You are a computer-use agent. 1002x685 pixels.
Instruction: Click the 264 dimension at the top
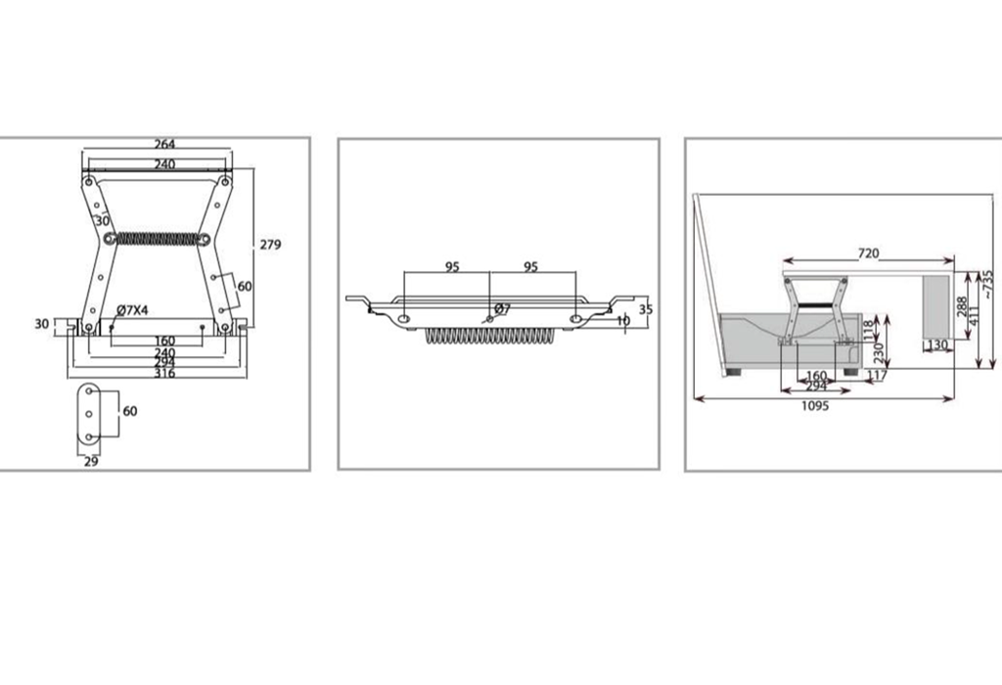pyautogui.click(x=164, y=144)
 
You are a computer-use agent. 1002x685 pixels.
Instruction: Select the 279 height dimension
pyautogui.click(x=270, y=244)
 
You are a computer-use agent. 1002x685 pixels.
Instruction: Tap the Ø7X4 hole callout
pyautogui.click(x=132, y=310)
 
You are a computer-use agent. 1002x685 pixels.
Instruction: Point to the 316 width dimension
pyautogui.click(x=164, y=373)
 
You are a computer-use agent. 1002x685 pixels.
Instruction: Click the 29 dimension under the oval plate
pyautogui.click(x=91, y=461)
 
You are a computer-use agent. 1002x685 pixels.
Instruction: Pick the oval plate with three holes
pyautogui.click(x=89, y=413)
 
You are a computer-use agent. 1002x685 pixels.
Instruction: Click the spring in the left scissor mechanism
pyautogui.click(x=158, y=239)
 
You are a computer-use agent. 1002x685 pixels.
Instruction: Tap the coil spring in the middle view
pyautogui.click(x=490, y=336)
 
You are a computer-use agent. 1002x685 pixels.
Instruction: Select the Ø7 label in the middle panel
pyautogui.click(x=502, y=309)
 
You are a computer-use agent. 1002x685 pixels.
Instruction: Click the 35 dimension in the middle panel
pyautogui.click(x=646, y=309)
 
